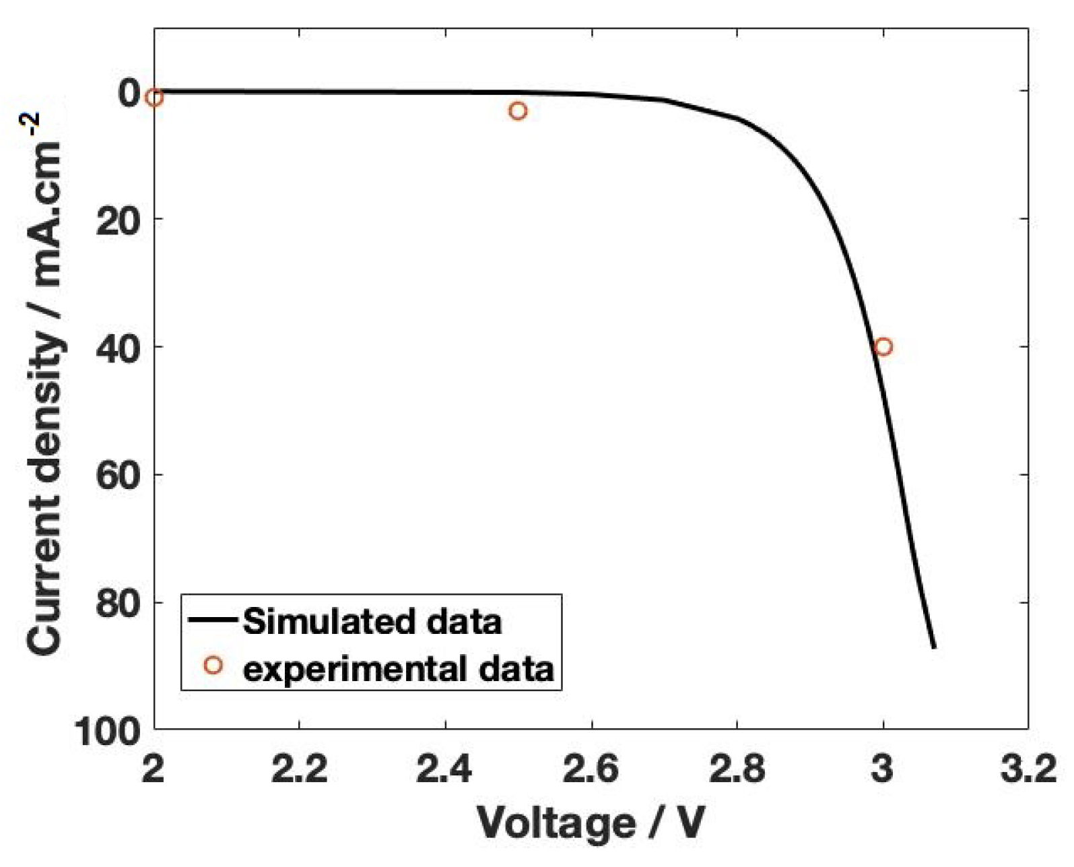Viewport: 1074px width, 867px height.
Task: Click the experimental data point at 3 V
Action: pyautogui.click(x=883, y=347)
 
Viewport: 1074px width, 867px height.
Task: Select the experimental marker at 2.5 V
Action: pyautogui.click(x=517, y=111)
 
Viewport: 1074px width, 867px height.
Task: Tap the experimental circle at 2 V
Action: pyautogui.click(x=154, y=98)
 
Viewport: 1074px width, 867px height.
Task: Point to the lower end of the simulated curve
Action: pyautogui.click(x=933, y=647)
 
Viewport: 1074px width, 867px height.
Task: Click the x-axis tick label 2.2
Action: pyautogui.click(x=298, y=769)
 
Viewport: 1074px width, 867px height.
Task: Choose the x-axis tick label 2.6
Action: pyautogui.click(x=591, y=769)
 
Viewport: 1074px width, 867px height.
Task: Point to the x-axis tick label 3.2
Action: pyautogui.click(x=1028, y=769)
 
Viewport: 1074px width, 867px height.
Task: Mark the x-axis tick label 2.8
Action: pyautogui.click(x=737, y=769)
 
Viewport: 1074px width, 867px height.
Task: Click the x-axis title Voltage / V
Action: pyautogui.click(x=591, y=823)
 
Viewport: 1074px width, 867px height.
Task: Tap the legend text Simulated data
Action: pyautogui.click(x=372, y=621)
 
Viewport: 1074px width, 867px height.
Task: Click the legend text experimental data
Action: pyautogui.click(x=398, y=669)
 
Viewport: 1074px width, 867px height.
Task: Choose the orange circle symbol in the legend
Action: pyautogui.click(x=213, y=666)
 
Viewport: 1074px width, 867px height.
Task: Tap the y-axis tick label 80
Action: pyautogui.click(x=118, y=603)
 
